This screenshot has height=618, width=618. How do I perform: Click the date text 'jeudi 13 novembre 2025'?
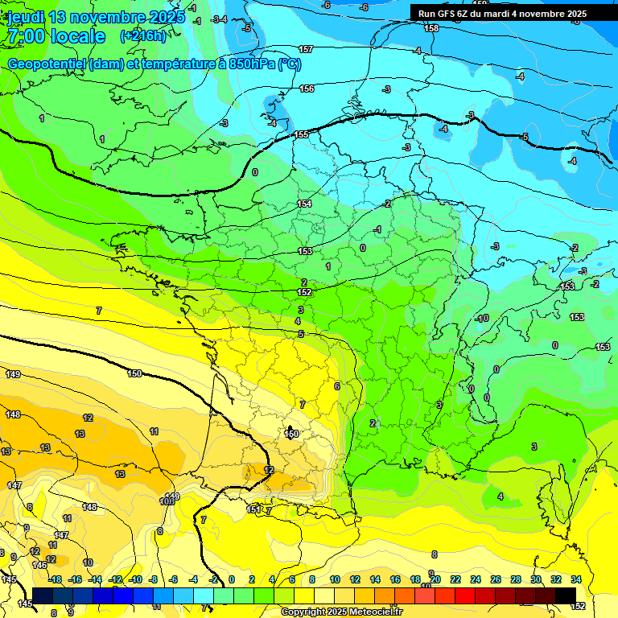[96, 16]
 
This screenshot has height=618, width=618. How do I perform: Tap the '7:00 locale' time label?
[56, 36]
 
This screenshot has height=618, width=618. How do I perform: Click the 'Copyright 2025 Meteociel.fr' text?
[341, 612]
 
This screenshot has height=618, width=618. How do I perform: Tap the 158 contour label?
[431, 28]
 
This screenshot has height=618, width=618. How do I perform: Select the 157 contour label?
[306, 50]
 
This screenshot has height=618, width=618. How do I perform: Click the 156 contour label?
[307, 89]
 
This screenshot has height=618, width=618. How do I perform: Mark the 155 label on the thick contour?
[302, 134]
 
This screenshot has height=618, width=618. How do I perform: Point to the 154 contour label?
[304, 204]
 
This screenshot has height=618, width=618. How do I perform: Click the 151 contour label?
[253, 509]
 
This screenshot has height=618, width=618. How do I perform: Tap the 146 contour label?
[39, 565]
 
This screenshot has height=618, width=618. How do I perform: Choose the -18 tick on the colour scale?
[56, 579]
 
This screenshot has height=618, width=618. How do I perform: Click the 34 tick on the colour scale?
[575, 579]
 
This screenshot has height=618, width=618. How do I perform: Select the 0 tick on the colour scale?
[231, 579]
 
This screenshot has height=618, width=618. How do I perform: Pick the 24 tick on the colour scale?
[475, 579]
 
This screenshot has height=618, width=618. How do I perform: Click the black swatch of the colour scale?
[565, 595]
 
